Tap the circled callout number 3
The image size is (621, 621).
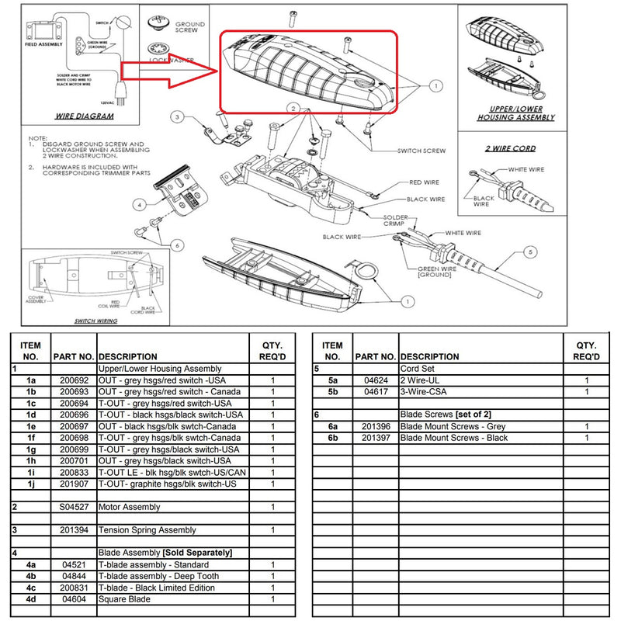[177, 118]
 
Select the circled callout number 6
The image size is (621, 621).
[178, 245]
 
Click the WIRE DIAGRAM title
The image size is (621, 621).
[85, 116]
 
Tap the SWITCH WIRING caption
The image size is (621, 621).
[95, 321]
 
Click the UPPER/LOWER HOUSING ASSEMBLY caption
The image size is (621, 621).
[517, 113]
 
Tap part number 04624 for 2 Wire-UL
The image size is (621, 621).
[376, 380]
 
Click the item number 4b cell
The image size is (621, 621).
[32, 576]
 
